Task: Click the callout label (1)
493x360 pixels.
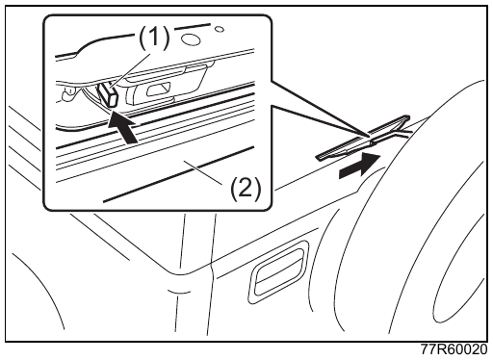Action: [x=154, y=38]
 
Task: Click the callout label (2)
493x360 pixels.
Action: [x=246, y=189]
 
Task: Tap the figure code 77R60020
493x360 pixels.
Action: [x=454, y=349]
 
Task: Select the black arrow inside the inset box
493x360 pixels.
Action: [x=123, y=127]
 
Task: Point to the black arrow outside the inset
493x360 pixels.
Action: [x=360, y=165]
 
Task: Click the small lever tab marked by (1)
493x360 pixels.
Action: [x=108, y=93]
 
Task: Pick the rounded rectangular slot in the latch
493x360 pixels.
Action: [x=158, y=90]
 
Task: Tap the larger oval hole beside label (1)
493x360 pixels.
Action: [x=191, y=39]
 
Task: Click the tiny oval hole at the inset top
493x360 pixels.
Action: [x=220, y=29]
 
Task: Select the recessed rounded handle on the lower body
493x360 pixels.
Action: [x=277, y=272]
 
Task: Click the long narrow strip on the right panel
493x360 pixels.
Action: [x=363, y=138]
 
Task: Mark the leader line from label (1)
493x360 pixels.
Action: [x=131, y=70]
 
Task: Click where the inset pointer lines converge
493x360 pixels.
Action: [x=368, y=136]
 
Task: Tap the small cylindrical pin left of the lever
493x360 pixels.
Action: [x=68, y=94]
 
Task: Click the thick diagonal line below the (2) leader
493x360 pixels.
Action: [x=178, y=174]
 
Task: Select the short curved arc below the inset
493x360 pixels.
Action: [x=179, y=292]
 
